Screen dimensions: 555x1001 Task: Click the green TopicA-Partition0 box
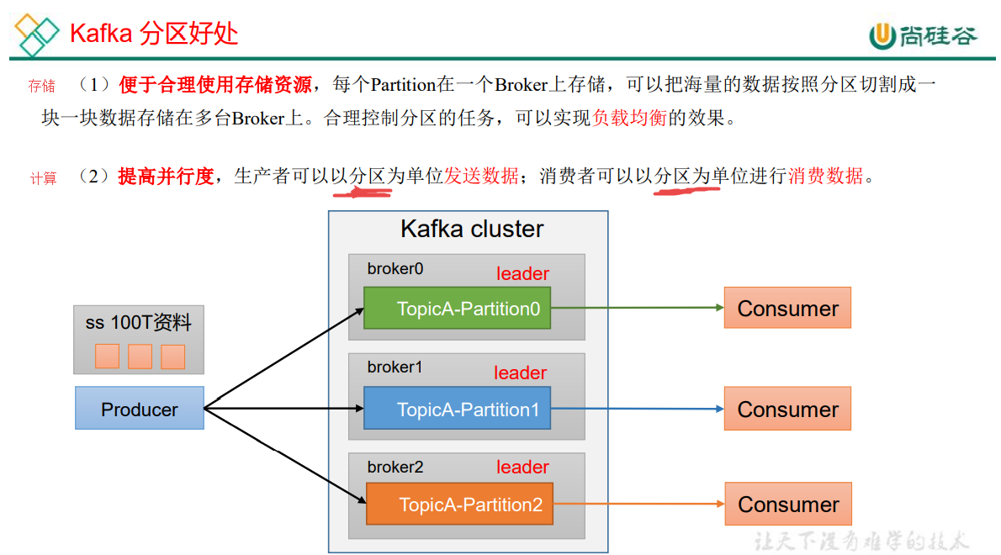point(458,309)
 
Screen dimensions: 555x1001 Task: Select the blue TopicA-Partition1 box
point(458,409)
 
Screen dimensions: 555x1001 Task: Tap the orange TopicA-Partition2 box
point(459,505)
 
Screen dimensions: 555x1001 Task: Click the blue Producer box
point(140,409)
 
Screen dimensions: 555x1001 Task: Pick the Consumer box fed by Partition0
point(787,308)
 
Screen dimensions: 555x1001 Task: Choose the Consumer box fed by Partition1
point(787,409)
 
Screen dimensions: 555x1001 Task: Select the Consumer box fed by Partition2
point(788,504)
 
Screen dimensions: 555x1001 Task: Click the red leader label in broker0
point(522,274)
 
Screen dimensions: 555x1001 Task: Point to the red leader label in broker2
point(522,468)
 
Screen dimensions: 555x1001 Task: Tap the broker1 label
point(395,367)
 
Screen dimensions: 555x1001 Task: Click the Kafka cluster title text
point(472,229)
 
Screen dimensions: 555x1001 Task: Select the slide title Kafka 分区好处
point(154,33)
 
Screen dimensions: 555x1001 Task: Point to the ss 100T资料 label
point(139,322)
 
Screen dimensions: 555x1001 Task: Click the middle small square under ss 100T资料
point(140,357)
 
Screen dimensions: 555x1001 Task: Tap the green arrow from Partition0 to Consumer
point(637,308)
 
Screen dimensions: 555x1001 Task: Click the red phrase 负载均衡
point(629,119)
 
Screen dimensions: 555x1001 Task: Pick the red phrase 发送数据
point(481,176)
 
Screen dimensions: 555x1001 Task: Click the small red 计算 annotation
point(44,178)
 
